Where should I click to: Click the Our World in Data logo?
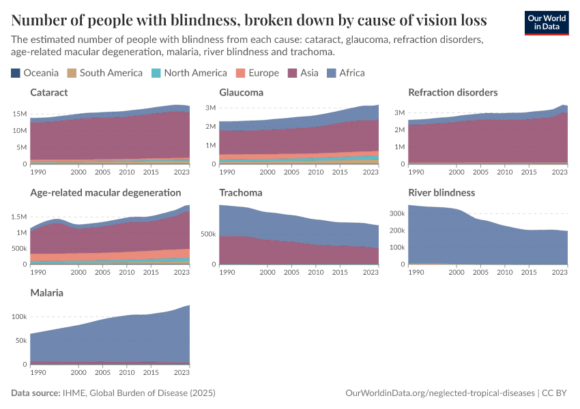[546, 22]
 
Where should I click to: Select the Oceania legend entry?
[35, 73]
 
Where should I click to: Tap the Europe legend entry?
[257, 73]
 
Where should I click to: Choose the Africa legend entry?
[346, 73]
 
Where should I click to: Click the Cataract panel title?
[49, 92]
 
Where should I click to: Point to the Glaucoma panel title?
[241, 92]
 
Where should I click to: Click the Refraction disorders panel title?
[452, 92]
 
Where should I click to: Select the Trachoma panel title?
[240, 193]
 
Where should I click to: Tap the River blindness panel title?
[441, 193]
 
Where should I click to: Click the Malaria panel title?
[46, 293]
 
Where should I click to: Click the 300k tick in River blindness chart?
[397, 213]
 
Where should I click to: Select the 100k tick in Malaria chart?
[18, 317]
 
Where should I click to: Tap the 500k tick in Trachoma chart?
[208, 234]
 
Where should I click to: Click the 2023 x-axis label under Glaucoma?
[371, 172]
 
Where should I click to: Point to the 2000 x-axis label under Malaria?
[78, 373]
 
